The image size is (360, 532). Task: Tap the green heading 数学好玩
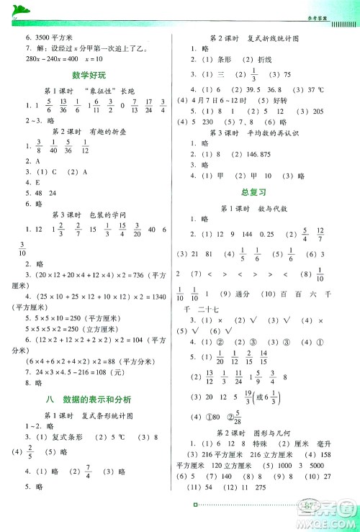[x=89, y=75]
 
